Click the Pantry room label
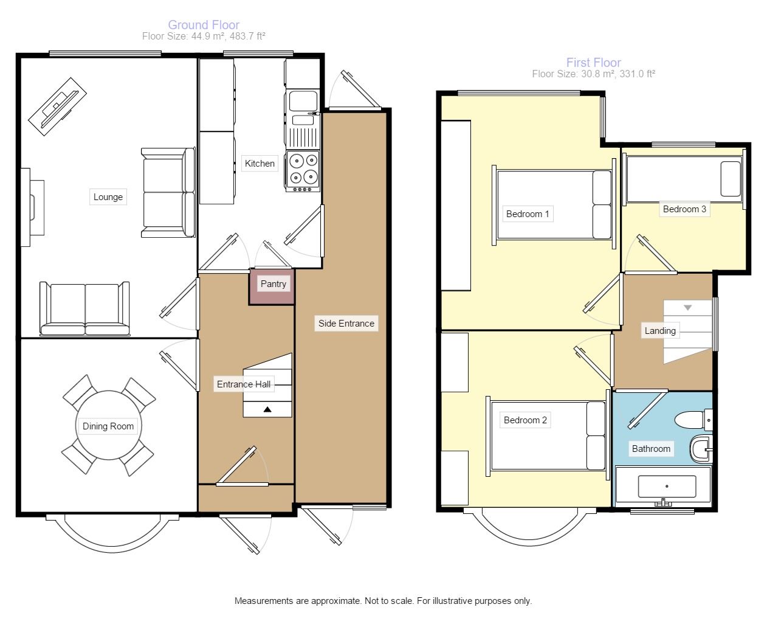[273, 284]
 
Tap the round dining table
[108, 426]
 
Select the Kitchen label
[260, 163]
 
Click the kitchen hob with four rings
[303, 171]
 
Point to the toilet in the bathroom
[693, 420]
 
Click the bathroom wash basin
[701, 449]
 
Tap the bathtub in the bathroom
[663, 486]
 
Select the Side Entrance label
[346, 323]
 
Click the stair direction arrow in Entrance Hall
[267, 410]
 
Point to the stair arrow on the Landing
[688, 308]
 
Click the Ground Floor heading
[204, 25]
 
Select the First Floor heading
[593, 63]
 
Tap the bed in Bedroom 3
[684, 179]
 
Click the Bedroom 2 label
[525, 420]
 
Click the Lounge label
[108, 196]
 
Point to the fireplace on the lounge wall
[32, 207]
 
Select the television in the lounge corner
[58, 106]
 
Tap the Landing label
[660, 331]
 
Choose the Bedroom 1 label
[528, 214]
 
